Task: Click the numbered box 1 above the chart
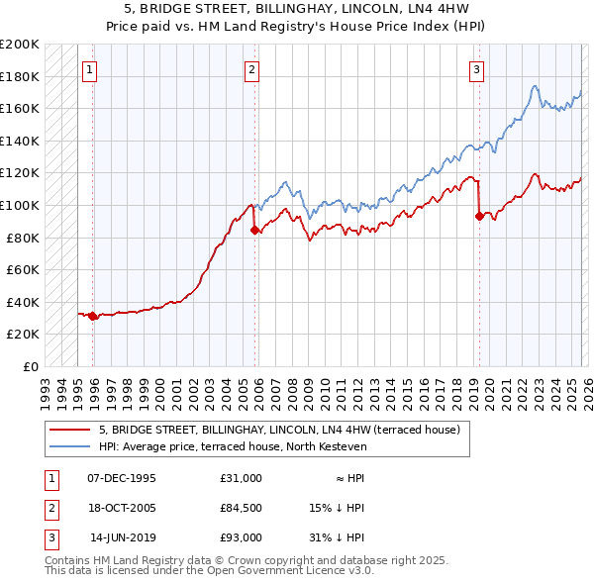tap(90, 69)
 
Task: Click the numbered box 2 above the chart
tap(252, 69)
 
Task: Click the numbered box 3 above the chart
tap(477, 69)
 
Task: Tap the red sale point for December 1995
tap(93, 317)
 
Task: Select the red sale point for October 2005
tap(254, 231)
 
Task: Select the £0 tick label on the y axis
tap(30, 366)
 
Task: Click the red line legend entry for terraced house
tap(279, 431)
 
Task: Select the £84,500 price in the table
tap(241, 508)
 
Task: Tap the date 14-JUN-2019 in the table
tap(123, 537)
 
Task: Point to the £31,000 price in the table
tap(241, 478)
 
